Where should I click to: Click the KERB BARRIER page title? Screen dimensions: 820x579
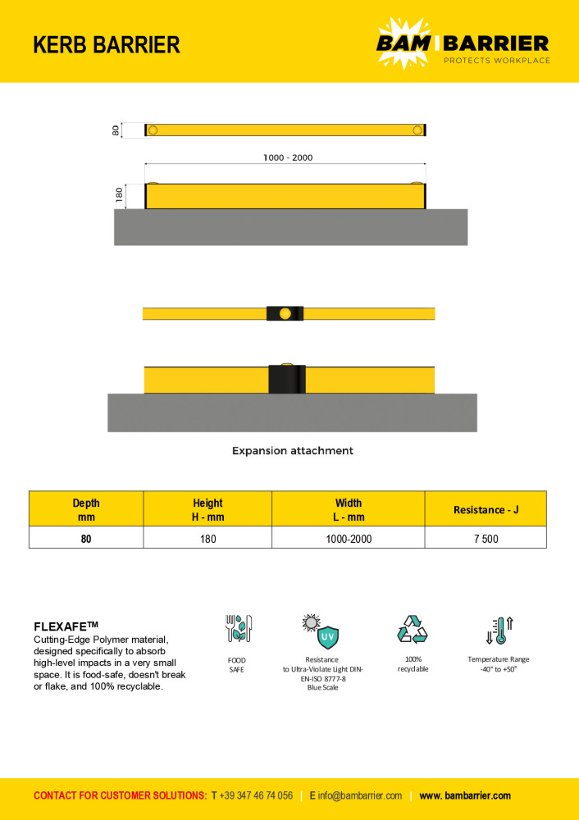[x=107, y=44]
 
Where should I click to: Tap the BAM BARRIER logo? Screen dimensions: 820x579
[x=463, y=42]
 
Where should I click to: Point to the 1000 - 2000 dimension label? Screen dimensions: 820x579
[x=288, y=157]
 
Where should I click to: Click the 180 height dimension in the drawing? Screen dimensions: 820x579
[x=119, y=196]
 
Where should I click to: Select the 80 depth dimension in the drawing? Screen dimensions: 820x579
[x=117, y=130]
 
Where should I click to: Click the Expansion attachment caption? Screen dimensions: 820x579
[x=292, y=450]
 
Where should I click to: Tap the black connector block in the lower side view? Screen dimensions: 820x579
[x=287, y=379]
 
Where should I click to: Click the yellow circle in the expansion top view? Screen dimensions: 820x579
[x=285, y=313]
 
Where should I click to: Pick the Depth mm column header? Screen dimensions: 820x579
[x=86, y=509]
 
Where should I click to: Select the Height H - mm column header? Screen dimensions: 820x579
[x=207, y=509]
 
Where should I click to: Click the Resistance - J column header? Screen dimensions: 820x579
[x=486, y=509]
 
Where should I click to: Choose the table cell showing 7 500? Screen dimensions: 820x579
[x=486, y=539]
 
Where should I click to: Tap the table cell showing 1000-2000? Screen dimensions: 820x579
[x=349, y=539]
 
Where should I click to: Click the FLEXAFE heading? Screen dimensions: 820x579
[x=66, y=626]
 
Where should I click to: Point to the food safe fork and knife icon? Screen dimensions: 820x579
[x=238, y=629]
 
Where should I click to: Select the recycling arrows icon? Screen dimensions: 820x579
[x=413, y=630]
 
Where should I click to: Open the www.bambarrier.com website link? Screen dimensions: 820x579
[x=465, y=795]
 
